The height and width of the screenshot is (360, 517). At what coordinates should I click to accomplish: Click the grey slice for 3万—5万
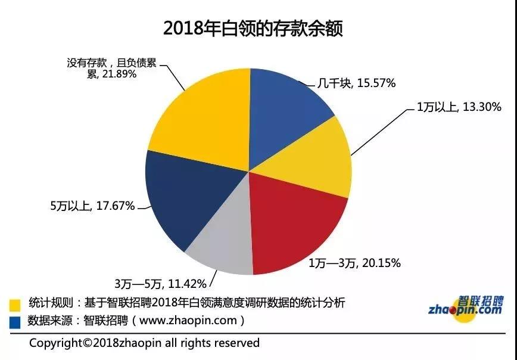pyautogui.click(x=223, y=244)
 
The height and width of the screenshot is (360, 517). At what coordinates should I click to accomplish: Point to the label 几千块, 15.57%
pyautogui.click(x=356, y=83)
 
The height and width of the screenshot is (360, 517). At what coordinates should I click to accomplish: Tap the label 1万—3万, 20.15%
pyautogui.click(x=354, y=263)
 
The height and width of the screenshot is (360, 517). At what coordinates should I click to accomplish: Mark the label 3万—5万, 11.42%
pyautogui.click(x=160, y=283)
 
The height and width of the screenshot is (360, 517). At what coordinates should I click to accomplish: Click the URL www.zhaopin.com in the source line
pyautogui.click(x=189, y=321)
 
